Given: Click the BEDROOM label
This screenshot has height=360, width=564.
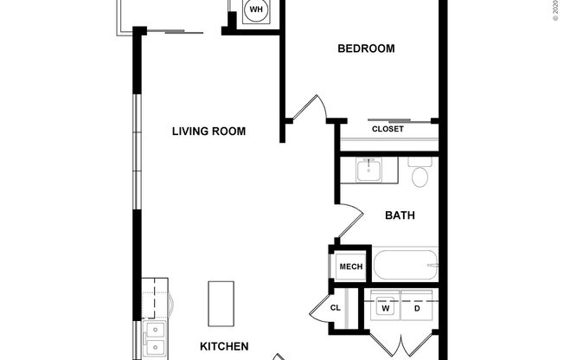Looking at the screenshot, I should point(366,48).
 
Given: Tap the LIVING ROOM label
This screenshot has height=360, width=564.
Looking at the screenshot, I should point(208,132).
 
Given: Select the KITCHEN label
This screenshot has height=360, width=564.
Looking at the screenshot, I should point(224,346).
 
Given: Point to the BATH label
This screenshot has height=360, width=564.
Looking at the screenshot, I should point(401,215).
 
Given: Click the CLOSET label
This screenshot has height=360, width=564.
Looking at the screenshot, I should point(388,129).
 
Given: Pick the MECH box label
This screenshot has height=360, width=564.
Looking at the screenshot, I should point(350,267).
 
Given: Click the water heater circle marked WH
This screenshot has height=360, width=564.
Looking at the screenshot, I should point(255,11).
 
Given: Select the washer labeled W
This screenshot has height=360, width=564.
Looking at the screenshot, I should point(386,308).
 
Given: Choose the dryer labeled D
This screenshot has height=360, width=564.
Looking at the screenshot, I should point(417,308).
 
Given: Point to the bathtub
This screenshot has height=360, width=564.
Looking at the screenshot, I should point(405,264).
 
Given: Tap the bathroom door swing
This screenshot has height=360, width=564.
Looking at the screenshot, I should point(349,220).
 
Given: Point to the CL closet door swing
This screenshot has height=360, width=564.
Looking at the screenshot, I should point(316,306).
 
